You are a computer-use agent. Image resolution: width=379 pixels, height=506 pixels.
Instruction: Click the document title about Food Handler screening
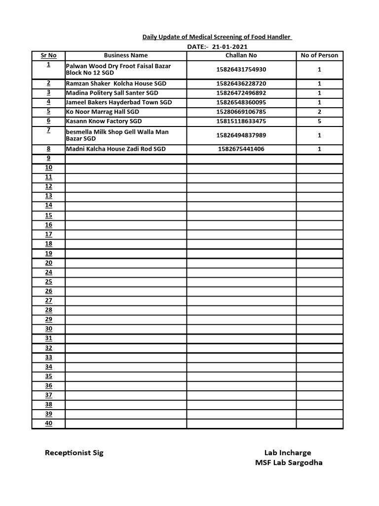[x=217, y=37]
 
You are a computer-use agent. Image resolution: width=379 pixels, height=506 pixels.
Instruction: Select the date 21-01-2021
[x=227, y=46]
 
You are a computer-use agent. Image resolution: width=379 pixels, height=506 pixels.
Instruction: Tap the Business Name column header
[x=126, y=55]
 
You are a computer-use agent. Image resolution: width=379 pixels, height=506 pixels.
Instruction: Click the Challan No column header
[x=241, y=55]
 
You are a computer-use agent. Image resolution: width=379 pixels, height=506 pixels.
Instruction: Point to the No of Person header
[x=319, y=55]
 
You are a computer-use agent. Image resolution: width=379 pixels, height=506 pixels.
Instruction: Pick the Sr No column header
[x=48, y=55]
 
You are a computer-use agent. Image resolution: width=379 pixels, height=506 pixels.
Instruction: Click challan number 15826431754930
[x=241, y=70]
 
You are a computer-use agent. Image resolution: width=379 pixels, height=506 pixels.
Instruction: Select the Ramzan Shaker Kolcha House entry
[x=116, y=84]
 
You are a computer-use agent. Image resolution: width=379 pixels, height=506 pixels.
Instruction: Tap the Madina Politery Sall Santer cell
[x=112, y=93]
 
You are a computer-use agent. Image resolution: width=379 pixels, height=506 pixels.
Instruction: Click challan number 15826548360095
[x=241, y=102]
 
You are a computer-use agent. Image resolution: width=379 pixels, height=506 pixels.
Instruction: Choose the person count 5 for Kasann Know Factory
[x=319, y=121]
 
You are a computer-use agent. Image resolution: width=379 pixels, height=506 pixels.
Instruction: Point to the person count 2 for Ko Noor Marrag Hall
[x=319, y=112]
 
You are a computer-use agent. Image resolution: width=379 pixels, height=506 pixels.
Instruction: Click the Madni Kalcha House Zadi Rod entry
[x=116, y=149]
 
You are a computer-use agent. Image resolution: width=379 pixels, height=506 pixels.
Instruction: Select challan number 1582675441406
[x=241, y=149]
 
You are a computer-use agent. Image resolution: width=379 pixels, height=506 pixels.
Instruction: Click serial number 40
[x=48, y=423]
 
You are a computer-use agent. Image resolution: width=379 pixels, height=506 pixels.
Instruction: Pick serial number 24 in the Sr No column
[x=48, y=272]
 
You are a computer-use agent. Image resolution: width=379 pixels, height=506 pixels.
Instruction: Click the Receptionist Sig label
[x=74, y=453]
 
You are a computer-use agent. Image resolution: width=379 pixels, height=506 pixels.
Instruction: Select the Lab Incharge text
[x=288, y=453]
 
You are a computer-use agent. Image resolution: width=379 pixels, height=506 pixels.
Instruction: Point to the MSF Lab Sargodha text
[x=289, y=463]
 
